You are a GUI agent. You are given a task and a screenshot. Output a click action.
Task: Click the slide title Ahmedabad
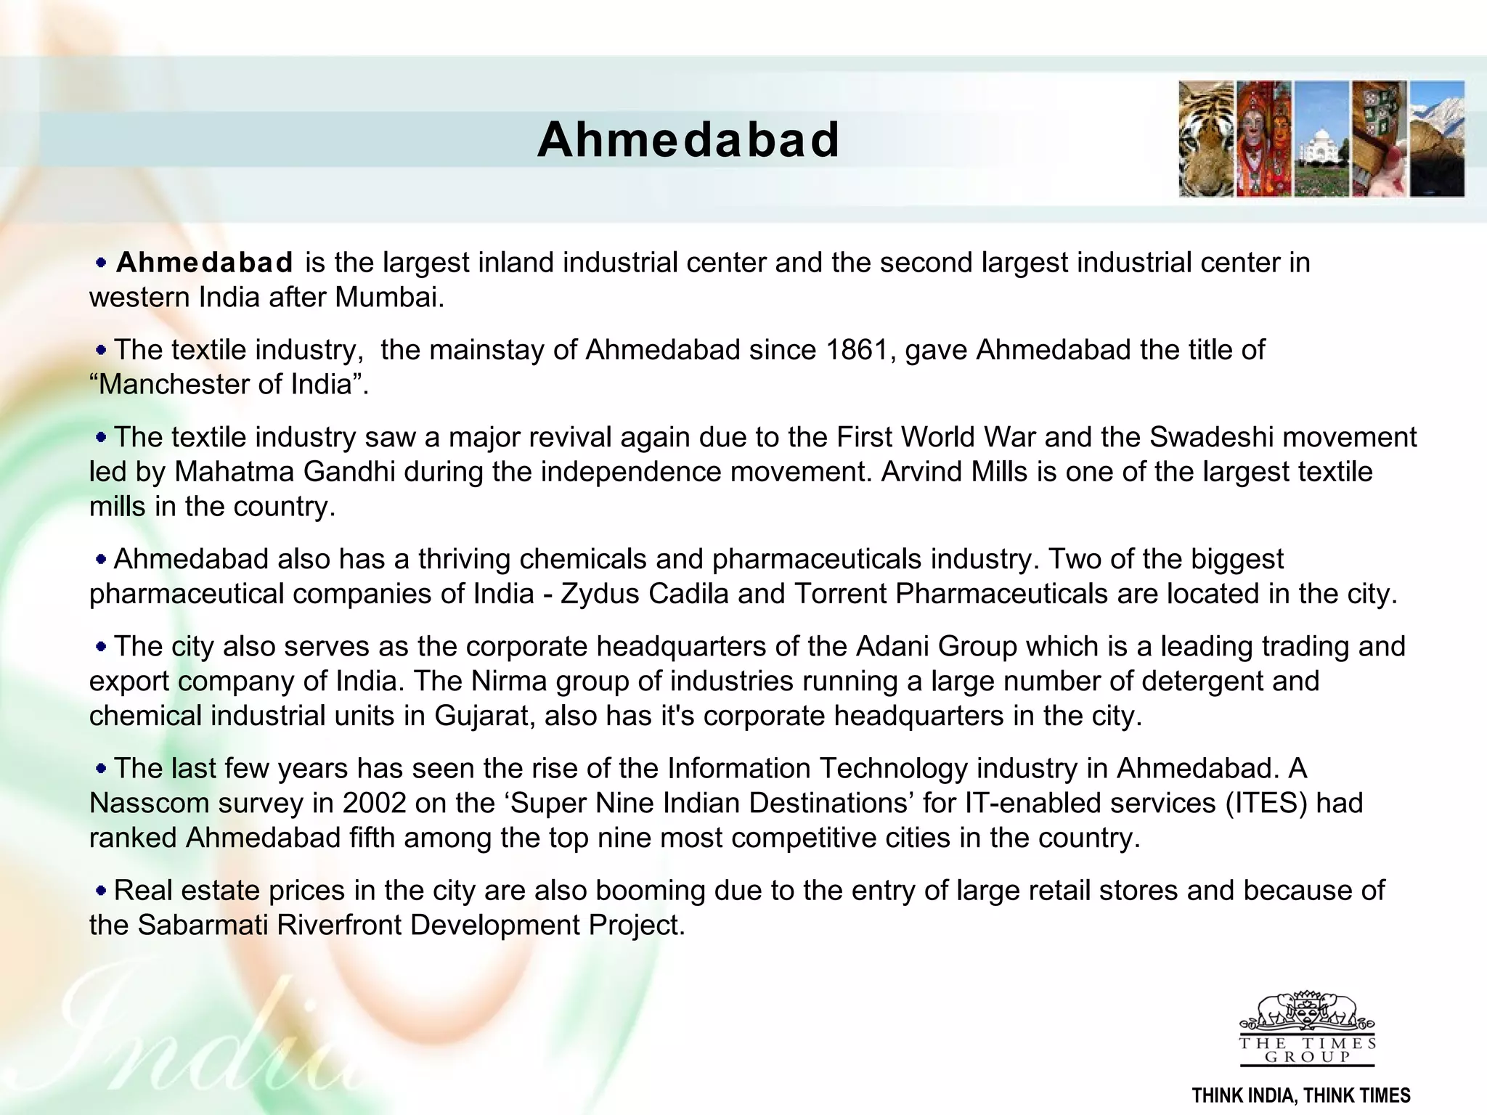click(688, 139)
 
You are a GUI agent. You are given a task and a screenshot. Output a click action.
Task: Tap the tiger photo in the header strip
click(1206, 139)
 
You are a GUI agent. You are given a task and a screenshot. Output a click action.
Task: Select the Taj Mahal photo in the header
click(1321, 139)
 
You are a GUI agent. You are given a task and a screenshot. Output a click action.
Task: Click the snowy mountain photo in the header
click(1437, 139)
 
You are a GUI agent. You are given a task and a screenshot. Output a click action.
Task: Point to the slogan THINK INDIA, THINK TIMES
click(1301, 1095)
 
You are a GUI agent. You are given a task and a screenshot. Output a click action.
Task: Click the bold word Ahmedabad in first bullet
click(205, 263)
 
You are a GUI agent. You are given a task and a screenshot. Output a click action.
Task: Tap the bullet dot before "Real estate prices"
click(101, 889)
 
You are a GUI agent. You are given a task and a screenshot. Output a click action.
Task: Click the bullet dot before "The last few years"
click(101, 767)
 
